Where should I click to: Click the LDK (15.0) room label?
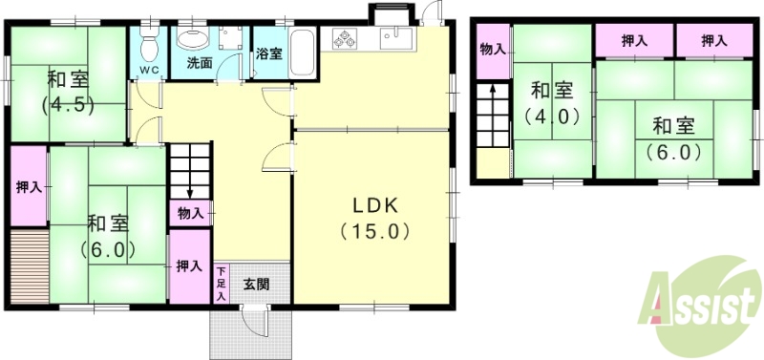pos(373,218)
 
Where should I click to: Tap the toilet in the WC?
pos(148,43)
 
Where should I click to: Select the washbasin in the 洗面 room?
pos(194,39)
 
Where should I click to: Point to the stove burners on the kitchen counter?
pos(345,39)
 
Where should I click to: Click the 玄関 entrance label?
pos(255,284)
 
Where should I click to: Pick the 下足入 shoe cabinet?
pos(220,285)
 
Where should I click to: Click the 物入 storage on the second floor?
pos(492,49)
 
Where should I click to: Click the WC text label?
pos(148,70)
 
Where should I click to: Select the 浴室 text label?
pos(268,53)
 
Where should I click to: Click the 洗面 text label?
pos(199,64)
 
